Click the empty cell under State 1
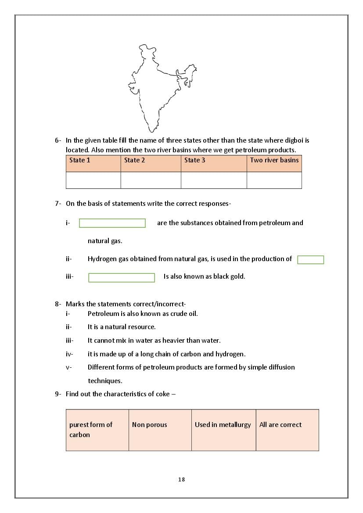click(x=93, y=180)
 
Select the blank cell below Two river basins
click(x=274, y=180)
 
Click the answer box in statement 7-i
click(x=112, y=223)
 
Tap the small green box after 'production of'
click(x=310, y=260)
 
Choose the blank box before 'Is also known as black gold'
click(x=122, y=278)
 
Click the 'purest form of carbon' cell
click(x=97, y=430)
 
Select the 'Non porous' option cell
click(x=160, y=430)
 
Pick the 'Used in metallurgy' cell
click(x=223, y=430)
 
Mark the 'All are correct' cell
click(x=287, y=430)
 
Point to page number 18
click(x=182, y=480)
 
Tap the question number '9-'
click(x=58, y=394)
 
